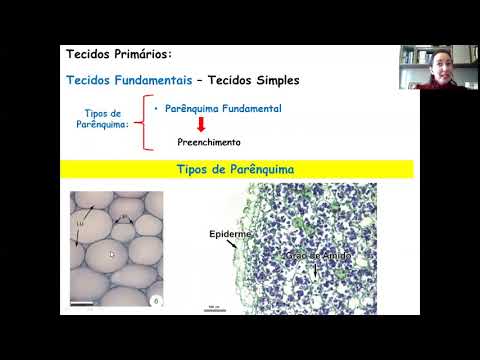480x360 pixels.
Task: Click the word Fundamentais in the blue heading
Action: coord(146,79)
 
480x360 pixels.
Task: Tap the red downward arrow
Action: coord(200,124)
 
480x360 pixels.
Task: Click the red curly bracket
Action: coord(146,124)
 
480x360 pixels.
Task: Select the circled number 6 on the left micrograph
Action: coord(155,300)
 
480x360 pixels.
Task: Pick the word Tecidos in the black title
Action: coord(87,53)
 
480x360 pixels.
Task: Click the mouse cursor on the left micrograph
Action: coord(111,254)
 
